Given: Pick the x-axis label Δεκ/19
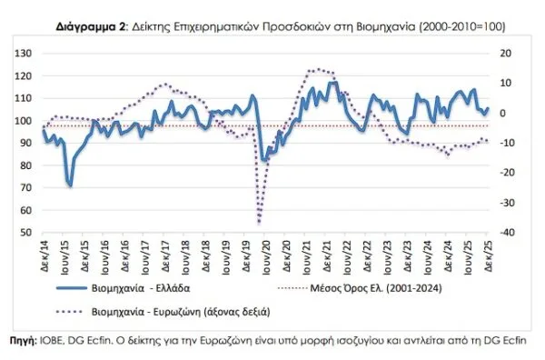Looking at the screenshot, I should (x=246, y=255).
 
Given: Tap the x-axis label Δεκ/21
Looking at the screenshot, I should (x=327, y=255).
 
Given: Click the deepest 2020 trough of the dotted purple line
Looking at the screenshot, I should (x=260, y=222).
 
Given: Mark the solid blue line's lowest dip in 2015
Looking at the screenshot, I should (x=70, y=185).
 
